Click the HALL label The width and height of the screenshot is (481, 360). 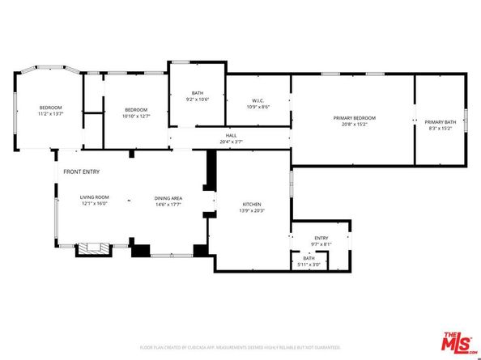point(231,136)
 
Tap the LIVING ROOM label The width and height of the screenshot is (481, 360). point(94,197)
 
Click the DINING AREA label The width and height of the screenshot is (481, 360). point(168,197)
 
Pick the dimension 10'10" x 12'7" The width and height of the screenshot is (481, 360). point(136,116)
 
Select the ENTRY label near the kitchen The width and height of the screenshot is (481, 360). point(321,238)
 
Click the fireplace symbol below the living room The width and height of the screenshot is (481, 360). point(91,249)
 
